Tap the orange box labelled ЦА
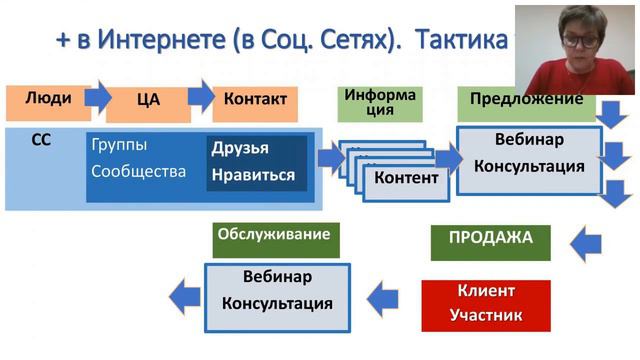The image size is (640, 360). (147, 102)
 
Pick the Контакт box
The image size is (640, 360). (255, 100)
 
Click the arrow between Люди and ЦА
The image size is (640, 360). (97, 97)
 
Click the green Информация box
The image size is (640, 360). (380, 103)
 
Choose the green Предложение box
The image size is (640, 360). (520, 101)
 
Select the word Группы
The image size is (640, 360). (117, 146)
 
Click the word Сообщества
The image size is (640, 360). (138, 171)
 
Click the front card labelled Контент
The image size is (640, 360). (405, 179)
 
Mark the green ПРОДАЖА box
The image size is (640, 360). (490, 240)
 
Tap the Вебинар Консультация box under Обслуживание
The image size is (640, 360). (276, 290)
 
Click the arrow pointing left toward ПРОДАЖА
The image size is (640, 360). (590, 240)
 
